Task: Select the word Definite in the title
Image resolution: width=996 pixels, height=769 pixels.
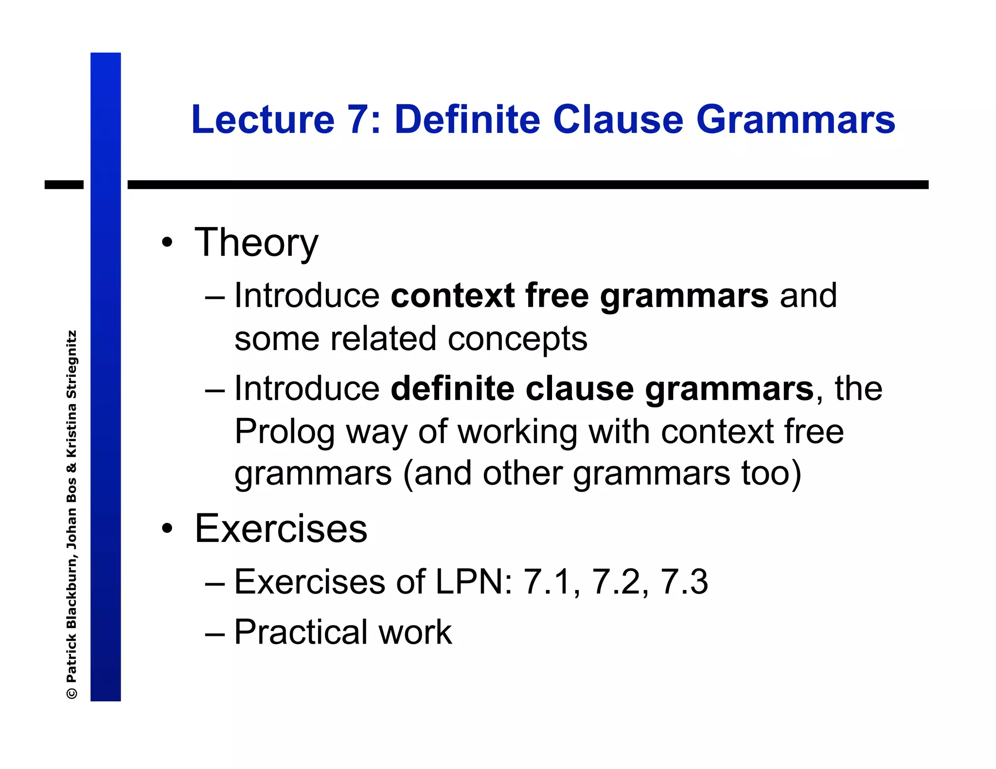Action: pos(467,120)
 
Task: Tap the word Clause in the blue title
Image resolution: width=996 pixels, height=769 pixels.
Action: pos(618,120)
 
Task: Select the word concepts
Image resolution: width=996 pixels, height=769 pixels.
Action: pos(517,339)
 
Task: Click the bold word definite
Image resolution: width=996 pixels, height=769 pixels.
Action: pos(452,389)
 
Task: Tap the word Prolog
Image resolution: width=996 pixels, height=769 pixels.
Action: pos(284,432)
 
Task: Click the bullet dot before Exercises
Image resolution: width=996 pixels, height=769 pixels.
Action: pos(167,528)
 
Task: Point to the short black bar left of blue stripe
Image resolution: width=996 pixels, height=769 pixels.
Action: pos(64,185)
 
